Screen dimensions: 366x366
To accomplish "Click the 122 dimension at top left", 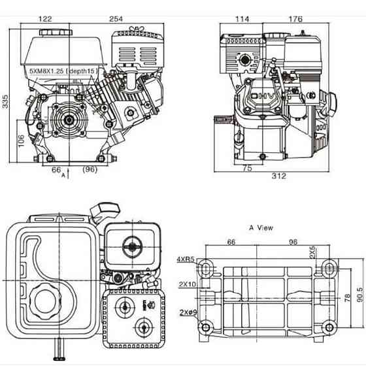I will pos(45,19).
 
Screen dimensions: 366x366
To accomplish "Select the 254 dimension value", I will pos(115,19).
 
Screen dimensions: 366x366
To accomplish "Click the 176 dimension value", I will pos(295,19).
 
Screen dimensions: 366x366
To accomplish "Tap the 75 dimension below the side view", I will pos(247,168).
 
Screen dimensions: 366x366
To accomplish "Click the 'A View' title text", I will pos(261,228).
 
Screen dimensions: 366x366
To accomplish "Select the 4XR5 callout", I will pos(185,259).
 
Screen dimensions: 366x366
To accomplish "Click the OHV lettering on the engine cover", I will pos(261,99).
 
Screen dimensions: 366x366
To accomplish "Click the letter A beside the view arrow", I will pos(63,176).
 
